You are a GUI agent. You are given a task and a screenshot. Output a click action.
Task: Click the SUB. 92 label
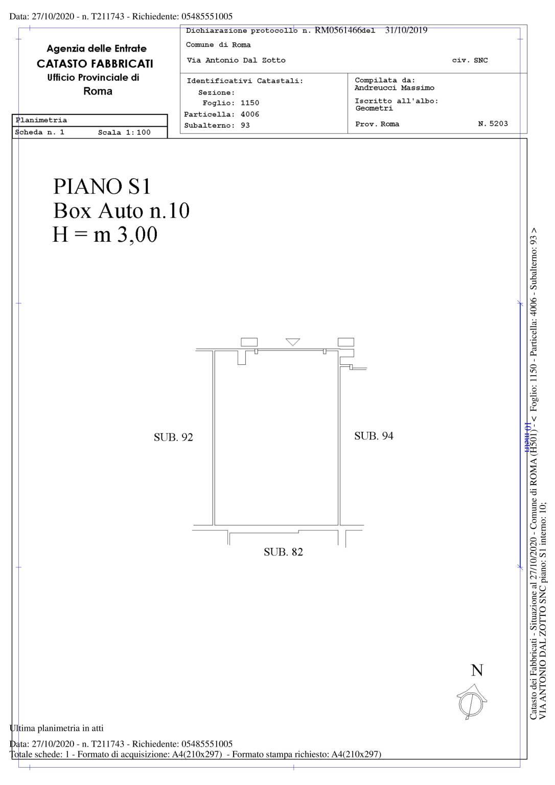[x=173, y=437]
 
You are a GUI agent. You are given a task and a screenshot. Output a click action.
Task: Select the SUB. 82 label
[x=283, y=552]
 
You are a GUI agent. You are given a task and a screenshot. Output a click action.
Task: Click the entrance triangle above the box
[x=292, y=342]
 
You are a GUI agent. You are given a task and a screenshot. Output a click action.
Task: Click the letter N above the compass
[x=477, y=670]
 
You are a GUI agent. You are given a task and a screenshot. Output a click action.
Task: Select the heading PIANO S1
[x=102, y=186]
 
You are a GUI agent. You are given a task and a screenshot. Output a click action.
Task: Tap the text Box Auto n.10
[x=121, y=211]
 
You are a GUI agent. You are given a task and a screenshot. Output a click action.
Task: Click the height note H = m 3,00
[x=105, y=235]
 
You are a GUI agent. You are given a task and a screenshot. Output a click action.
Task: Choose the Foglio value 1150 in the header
[x=250, y=103]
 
